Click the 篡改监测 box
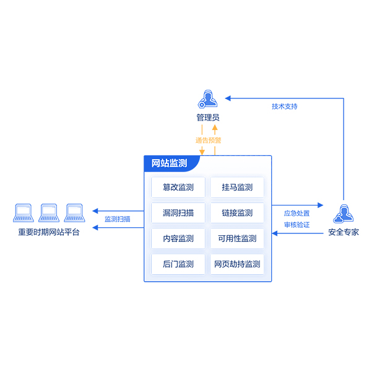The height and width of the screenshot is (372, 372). click(x=178, y=188)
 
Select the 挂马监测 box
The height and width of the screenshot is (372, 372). click(x=237, y=188)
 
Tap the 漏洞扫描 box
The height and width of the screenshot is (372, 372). click(x=178, y=213)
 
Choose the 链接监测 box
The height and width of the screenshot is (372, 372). click(x=237, y=213)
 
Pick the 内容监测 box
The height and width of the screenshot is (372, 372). click(x=178, y=238)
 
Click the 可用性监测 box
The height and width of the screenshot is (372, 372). click(x=237, y=238)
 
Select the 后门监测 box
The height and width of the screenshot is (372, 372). click(x=178, y=264)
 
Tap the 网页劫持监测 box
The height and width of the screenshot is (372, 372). click(x=237, y=264)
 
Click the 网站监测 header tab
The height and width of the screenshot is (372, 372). click(x=170, y=163)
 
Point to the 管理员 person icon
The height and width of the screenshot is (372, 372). click(x=207, y=99)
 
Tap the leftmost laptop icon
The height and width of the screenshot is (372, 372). click(x=24, y=213)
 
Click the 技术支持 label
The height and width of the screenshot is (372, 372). click(x=285, y=106)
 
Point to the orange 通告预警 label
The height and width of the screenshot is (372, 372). click(x=208, y=141)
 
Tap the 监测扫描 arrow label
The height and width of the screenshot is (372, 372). click(x=117, y=219)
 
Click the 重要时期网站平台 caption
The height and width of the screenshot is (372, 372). click(x=49, y=232)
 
